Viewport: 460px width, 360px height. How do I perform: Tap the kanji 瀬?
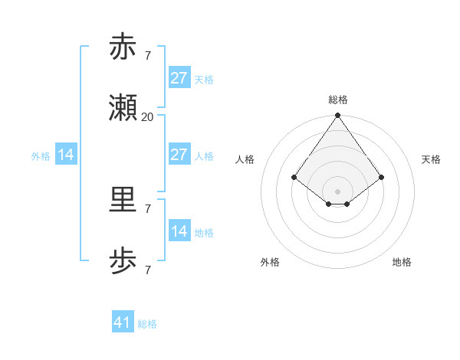(123, 110)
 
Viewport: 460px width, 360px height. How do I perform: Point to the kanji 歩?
(123, 263)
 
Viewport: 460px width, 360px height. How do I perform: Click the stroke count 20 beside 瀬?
(147, 117)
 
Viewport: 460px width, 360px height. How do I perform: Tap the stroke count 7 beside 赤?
(147, 55)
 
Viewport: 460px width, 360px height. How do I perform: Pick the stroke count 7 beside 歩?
(147, 270)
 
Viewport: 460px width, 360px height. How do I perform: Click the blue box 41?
(123, 322)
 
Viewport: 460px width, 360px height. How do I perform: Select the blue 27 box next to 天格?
(179, 78)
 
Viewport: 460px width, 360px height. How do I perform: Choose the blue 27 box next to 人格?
(179, 155)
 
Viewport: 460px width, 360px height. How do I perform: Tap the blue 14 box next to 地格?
(179, 231)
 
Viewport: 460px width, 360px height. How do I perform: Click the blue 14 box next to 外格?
(66, 155)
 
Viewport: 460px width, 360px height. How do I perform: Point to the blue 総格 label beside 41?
(147, 324)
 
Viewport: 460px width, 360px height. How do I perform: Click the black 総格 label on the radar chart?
(338, 100)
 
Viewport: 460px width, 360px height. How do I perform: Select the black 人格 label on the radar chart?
(245, 159)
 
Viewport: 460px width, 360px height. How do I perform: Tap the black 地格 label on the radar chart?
(402, 262)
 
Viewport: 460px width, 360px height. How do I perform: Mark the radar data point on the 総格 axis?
(338, 116)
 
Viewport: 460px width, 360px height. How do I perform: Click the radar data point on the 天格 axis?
(382, 177)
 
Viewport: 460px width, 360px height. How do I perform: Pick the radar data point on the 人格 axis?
(294, 177)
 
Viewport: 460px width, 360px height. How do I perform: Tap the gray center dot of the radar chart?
(338, 191)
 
